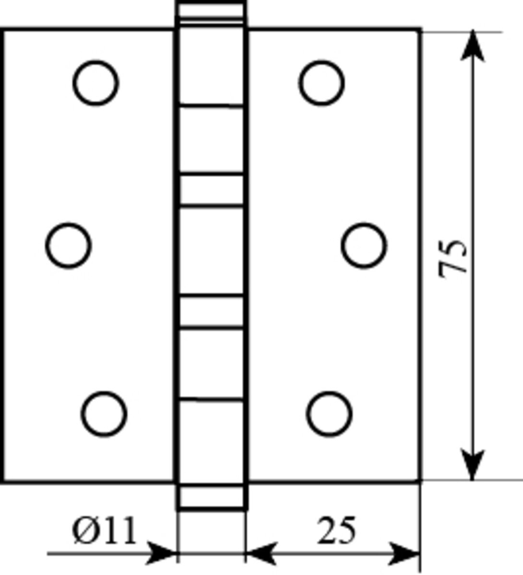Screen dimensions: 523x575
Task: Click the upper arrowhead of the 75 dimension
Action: click(x=473, y=46)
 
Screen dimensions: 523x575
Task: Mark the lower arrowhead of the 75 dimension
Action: click(x=473, y=464)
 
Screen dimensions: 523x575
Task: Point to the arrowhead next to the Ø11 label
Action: click(x=161, y=553)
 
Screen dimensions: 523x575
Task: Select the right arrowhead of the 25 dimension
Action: click(x=404, y=553)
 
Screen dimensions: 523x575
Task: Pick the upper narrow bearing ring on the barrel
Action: click(x=212, y=189)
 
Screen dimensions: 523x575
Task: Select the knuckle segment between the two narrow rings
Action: click(x=212, y=250)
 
